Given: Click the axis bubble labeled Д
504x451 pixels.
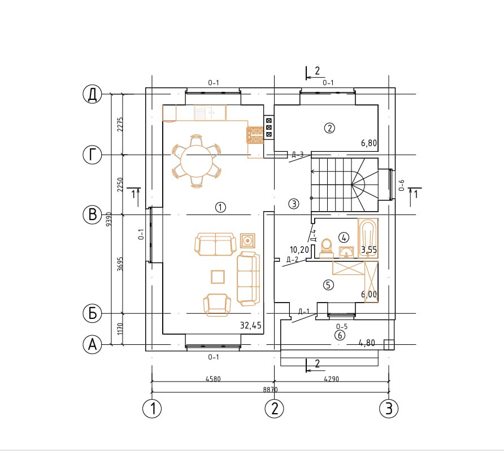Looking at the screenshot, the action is pos(92,94).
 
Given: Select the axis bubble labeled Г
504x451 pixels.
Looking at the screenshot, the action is pos(92,155).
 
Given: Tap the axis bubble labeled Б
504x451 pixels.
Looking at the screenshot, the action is pos(92,313).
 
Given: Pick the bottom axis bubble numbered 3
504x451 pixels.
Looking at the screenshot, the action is pos(389,409).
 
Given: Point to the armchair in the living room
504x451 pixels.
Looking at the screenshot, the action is pos(217,305).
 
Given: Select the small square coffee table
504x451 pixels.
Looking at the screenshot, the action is pos(218,277).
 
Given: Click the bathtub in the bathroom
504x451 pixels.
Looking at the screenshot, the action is pos(368,238).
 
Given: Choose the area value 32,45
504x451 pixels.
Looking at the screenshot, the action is pos(251,326).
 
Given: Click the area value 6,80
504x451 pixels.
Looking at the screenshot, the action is pos(369,143).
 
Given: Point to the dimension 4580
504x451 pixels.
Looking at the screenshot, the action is pos(213,379).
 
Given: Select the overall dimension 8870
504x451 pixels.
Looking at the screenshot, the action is pos(270,389).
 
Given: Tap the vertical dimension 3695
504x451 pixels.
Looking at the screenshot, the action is pos(120,264).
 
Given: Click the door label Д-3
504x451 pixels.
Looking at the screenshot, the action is pos(298,155).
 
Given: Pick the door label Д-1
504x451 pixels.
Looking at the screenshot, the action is pos(304,311).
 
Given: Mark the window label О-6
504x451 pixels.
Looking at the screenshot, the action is pos(402,185).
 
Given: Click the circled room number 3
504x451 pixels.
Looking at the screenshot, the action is pos(293,204).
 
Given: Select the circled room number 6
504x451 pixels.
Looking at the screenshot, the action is pos(340,335).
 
